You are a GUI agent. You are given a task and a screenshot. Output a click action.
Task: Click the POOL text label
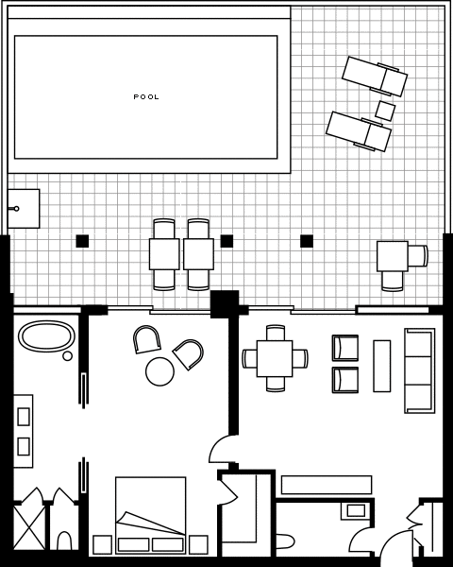click(146, 97)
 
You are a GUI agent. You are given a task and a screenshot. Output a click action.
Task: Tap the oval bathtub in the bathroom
click(46, 336)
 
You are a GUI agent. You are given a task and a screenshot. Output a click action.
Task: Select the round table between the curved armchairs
click(159, 371)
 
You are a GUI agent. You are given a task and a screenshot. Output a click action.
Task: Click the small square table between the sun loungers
click(385, 111)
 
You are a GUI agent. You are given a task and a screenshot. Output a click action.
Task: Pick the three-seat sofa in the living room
click(419, 370)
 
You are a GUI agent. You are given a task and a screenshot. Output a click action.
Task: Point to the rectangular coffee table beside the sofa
click(382, 366)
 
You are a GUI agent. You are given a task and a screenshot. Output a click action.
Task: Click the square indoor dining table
click(275, 358)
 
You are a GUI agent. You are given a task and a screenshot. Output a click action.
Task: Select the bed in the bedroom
click(150, 515)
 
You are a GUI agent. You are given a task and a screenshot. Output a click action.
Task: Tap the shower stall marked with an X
click(29, 527)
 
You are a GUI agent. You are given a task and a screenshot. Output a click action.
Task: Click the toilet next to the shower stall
click(65, 541)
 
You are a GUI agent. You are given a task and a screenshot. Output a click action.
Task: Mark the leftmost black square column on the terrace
click(82, 241)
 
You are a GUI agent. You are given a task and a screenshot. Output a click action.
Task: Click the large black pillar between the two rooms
click(225, 304)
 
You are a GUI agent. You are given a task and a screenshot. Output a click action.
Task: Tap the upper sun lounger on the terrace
click(375, 77)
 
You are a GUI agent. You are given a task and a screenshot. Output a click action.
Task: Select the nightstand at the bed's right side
click(198, 544)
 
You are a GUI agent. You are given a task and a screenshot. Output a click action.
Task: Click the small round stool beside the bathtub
click(67, 356)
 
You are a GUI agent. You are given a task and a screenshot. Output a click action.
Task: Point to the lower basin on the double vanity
click(24, 447)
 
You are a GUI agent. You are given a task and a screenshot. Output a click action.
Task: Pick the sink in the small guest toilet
click(356, 510)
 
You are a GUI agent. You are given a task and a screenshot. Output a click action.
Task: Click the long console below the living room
click(327, 485)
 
